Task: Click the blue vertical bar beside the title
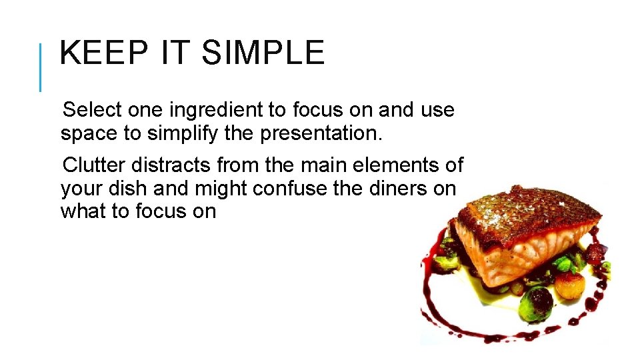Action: pyautogui.click(x=41, y=67)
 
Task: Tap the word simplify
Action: pyautogui.click(x=182, y=133)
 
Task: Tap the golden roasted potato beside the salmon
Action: pyautogui.click(x=570, y=283)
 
